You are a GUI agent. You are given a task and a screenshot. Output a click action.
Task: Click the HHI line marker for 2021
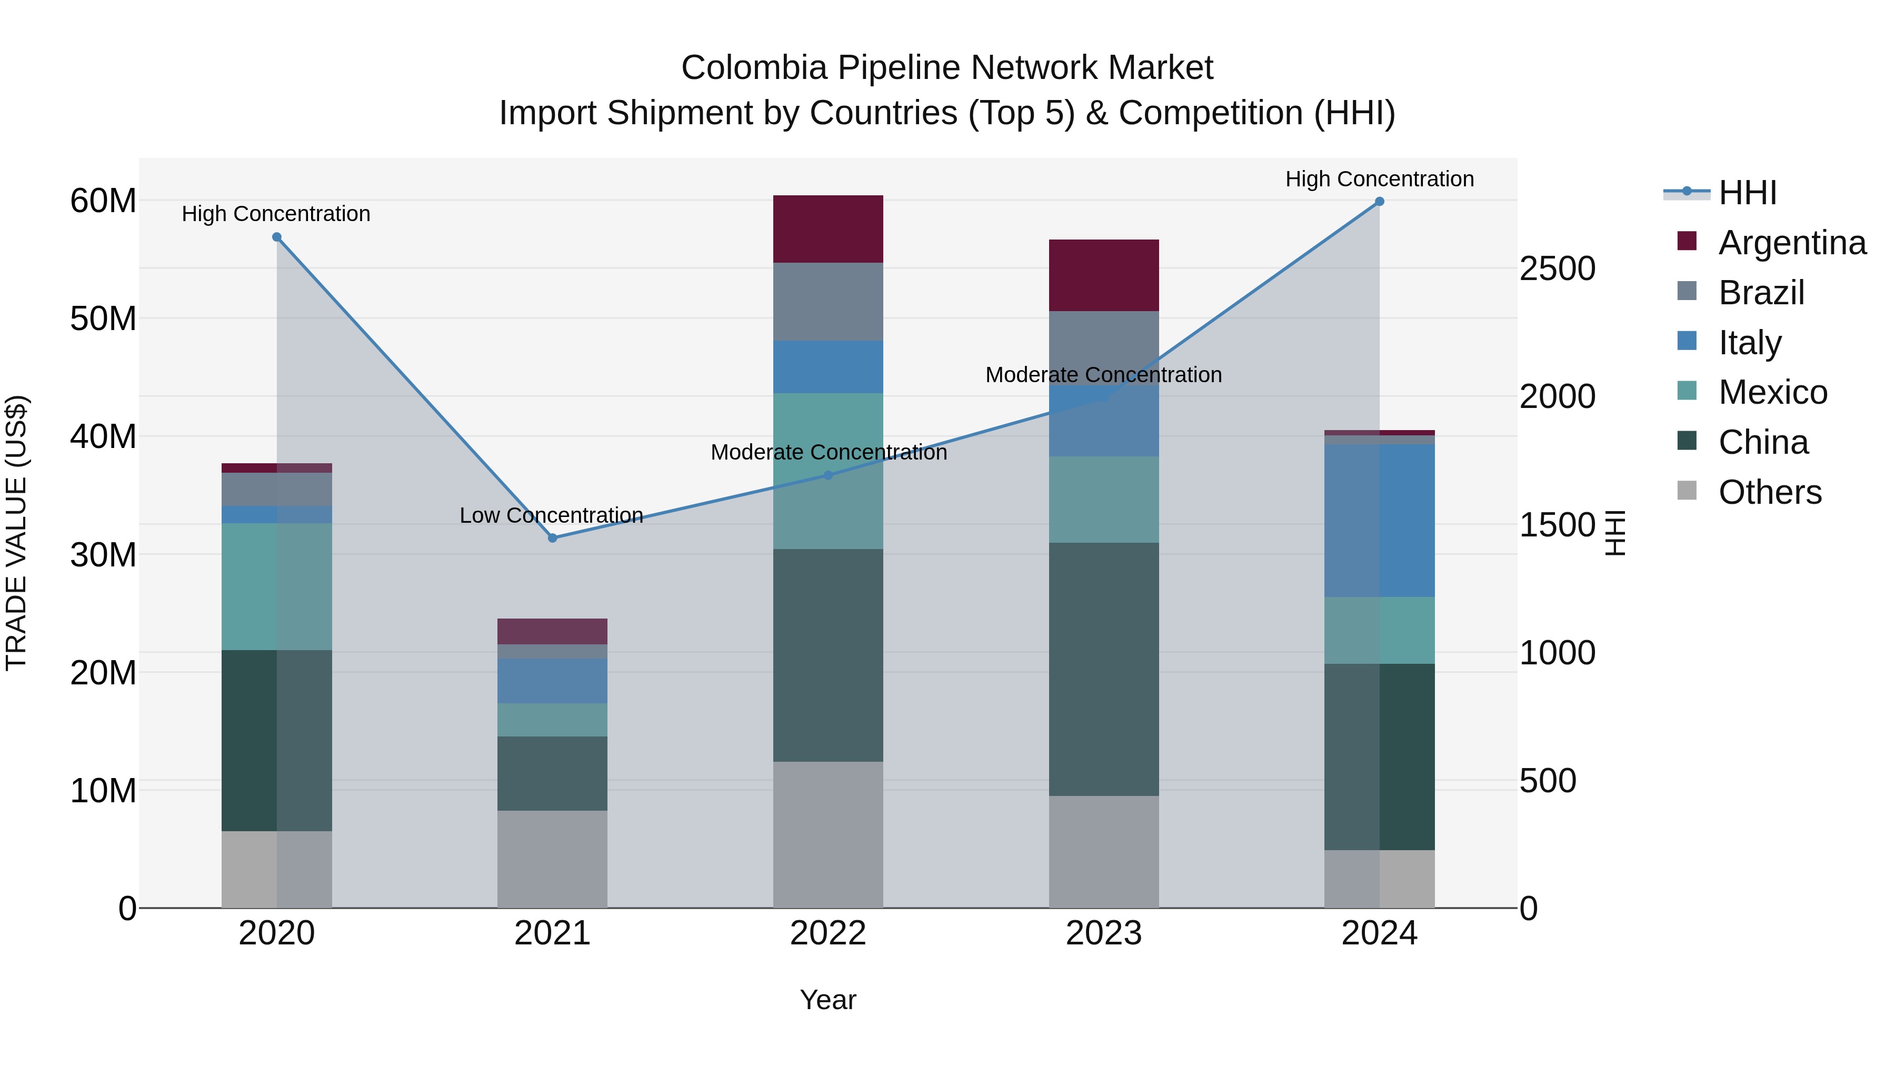(x=553, y=538)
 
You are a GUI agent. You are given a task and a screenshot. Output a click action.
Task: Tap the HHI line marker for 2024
(x=1379, y=202)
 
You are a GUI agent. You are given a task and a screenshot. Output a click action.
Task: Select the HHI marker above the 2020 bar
(x=276, y=237)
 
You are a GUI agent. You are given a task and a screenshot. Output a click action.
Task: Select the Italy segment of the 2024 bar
(x=1379, y=520)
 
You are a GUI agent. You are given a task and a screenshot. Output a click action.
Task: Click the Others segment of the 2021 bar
(x=553, y=859)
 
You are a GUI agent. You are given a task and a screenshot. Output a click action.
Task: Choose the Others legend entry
(x=1769, y=492)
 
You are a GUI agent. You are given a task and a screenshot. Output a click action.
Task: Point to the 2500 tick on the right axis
(x=1557, y=268)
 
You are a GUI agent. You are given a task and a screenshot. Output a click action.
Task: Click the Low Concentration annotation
(x=551, y=516)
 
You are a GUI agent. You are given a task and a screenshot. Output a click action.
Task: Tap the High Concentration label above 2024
(x=1379, y=180)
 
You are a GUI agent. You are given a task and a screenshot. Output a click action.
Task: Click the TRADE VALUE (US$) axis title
(x=16, y=533)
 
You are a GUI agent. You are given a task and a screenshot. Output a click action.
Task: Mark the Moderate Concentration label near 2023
(x=1103, y=375)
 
